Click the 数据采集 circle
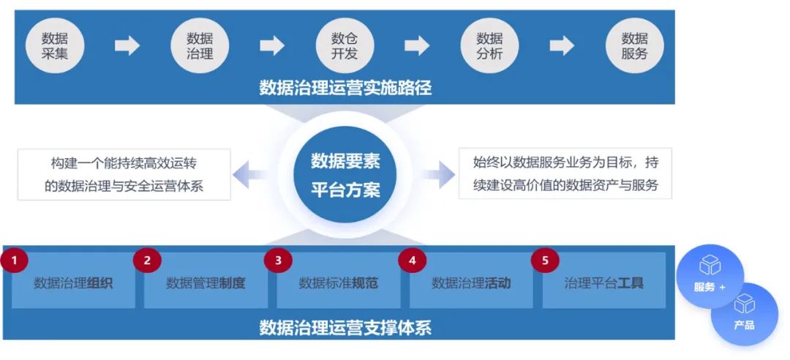[x=56, y=45]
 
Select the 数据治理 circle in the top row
[x=200, y=45]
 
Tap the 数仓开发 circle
[x=345, y=45]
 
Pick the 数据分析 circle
[x=489, y=45]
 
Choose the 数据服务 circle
[x=634, y=45]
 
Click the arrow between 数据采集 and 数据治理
[x=127, y=45]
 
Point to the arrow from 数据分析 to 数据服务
[x=562, y=45]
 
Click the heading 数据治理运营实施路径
[x=345, y=89]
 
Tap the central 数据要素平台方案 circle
[x=345, y=175]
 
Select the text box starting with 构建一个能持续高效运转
[x=124, y=174]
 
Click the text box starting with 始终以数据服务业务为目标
[x=565, y=174]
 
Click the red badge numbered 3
[x=278, y=259]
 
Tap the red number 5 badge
[x=544, y=259]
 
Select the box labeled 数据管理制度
[x=206, y=282]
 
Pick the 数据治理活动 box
[x=471, y=282]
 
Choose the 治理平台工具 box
[x=604, y=282]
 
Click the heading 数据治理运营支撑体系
[x=345, y=327]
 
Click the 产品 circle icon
[x=745, y=313]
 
